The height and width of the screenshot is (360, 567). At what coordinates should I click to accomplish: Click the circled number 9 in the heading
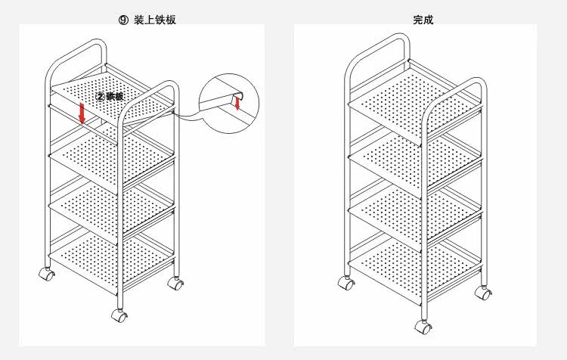pos(125,20)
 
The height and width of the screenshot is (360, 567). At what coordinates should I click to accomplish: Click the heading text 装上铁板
pos(157,20)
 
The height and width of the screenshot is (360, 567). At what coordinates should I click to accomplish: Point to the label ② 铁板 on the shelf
pos(110,97)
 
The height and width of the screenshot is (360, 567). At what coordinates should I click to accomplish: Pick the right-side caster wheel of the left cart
pos(176,284)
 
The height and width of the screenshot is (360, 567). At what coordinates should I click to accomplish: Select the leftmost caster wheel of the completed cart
pos(348,284)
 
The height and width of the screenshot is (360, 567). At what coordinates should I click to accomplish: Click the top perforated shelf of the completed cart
pos(412,102)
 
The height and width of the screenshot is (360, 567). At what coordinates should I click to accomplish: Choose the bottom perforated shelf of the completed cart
pos(414,257)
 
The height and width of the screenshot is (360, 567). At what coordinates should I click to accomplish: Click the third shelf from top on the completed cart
pos(414,207)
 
